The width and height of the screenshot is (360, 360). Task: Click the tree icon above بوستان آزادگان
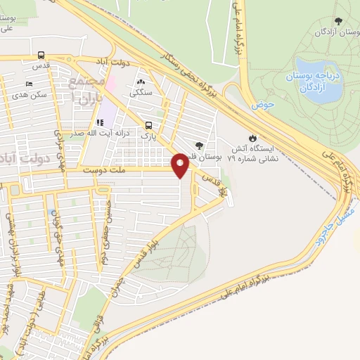pos(339,22)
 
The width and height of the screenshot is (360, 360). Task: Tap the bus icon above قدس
pos(41,55)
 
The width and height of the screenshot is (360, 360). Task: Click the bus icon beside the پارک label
pos(157,127)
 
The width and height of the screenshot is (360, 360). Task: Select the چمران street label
pos(124,281)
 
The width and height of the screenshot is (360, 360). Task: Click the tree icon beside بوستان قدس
pos(199,146)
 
